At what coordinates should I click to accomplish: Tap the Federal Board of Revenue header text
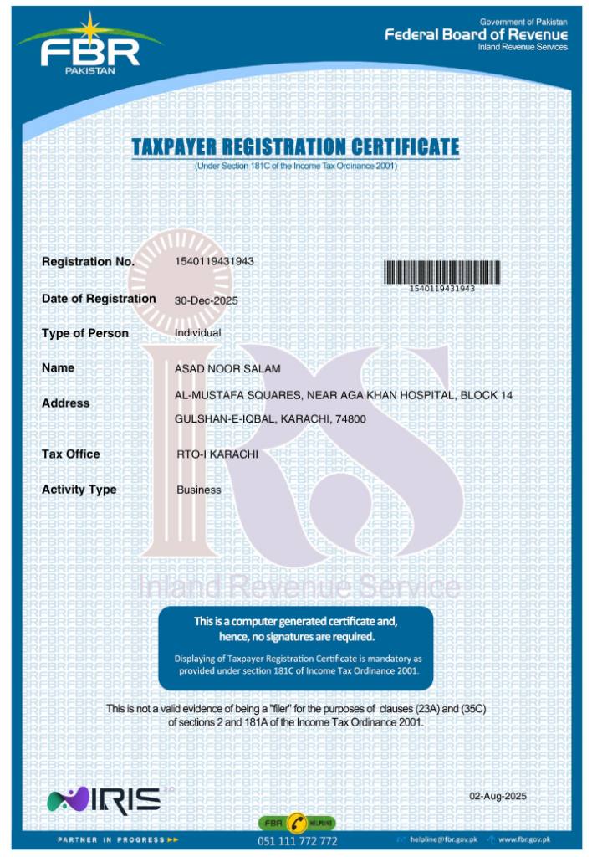(476, 35)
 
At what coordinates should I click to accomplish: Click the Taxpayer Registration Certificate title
(295, 148)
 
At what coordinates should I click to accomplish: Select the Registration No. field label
(88, 262)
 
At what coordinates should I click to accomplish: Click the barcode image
(441, 271)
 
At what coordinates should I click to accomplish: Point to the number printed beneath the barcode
(441, 288)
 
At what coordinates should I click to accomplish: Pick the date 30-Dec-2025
(207, 300)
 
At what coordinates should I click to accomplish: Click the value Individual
(198, 333)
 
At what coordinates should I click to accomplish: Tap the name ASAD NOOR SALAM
(227, 369)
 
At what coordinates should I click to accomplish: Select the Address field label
(65, 403)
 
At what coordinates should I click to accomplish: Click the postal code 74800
(350, 418)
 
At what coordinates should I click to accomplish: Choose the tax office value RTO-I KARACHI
(217, 454)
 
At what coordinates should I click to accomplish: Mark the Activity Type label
(79, 490)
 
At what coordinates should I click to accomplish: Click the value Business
(199, 490)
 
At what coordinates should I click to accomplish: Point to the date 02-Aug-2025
(498, 796)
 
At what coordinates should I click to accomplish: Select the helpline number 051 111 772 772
(297, 840)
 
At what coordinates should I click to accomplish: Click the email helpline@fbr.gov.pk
(442, 839)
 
